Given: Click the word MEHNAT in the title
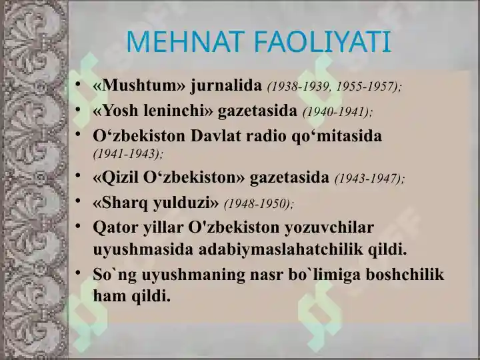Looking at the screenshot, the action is point(185,41).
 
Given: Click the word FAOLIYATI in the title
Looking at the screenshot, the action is point(323,41).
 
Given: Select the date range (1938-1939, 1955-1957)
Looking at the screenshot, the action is point(334,87).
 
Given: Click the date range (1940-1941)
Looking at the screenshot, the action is point(337,112).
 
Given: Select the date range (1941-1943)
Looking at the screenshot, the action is point(128,154).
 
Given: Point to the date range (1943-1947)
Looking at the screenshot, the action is point(370,179).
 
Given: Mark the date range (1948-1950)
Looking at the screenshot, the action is point(259,203).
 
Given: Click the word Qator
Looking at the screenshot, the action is point(116,227).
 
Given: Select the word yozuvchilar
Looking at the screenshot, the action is point(329,227).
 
